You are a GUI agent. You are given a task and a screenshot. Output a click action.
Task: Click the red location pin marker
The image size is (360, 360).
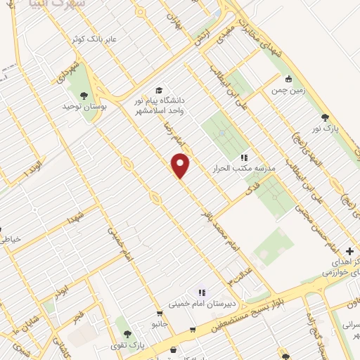point(181,165)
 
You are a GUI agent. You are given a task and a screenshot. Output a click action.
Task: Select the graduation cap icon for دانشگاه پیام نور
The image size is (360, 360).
point(159,91)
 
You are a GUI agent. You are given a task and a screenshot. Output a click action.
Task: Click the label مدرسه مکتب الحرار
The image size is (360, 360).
point(244,169)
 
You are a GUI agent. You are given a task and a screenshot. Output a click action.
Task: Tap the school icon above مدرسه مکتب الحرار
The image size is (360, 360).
point(244,158)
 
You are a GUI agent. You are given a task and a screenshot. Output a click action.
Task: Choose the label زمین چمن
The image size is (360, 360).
point(288,89)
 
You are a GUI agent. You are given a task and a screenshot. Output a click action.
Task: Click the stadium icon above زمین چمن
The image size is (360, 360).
point(288,79)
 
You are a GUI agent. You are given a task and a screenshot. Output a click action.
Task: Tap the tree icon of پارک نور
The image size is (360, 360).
point(324,118)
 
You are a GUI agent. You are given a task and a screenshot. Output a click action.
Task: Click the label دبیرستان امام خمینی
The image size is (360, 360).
point(200,305)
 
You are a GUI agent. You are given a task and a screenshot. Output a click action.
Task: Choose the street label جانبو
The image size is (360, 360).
point(161,324)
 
